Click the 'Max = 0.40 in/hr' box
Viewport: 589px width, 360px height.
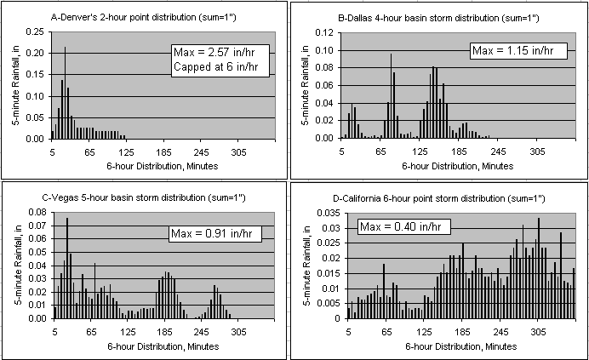point(395,226)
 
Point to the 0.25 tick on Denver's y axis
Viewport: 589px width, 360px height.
point(37,32)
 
